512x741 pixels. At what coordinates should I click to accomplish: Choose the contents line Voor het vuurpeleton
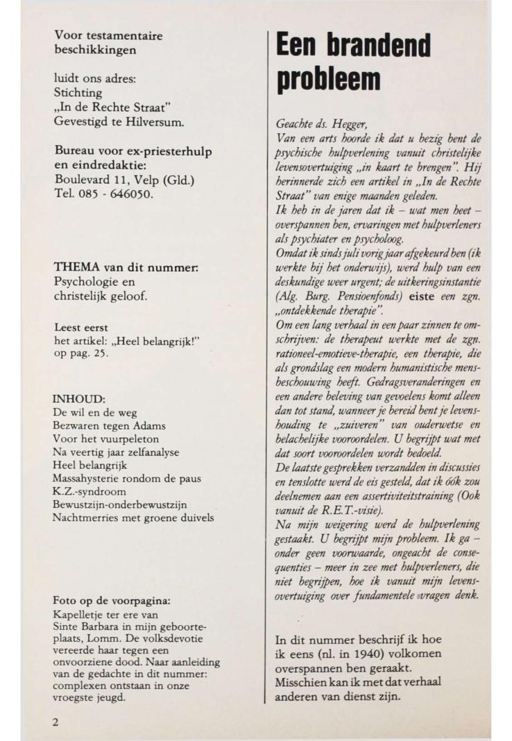coord(105,438)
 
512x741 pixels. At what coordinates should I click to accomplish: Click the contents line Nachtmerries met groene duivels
coord(133,517)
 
